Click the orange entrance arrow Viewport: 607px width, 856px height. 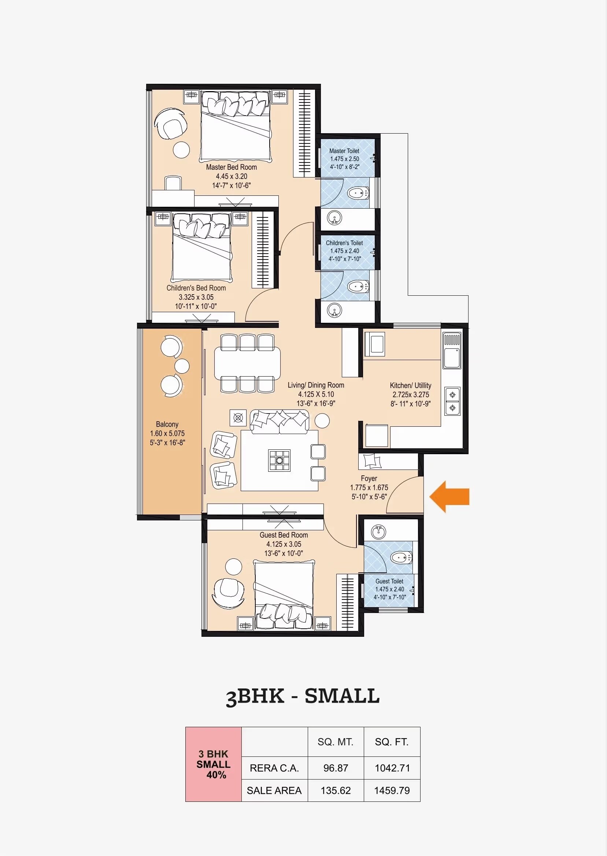click(449, 497)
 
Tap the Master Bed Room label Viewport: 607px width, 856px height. click(232, 167)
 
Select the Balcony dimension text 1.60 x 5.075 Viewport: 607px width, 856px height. click(167, 433)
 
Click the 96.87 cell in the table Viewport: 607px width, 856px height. click(335, 768)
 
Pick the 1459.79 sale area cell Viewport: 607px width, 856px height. click(392, 790)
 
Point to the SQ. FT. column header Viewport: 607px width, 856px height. click(391, 742)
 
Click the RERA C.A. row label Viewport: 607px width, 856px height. click(274, 768)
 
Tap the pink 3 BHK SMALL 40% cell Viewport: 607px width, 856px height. click(214, 764)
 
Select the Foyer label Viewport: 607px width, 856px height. click(369, 478)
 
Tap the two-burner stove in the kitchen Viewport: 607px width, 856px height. click(452, 401)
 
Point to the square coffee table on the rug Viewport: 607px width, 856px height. click(280, 460)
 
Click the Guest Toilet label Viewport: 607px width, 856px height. click(389, 581)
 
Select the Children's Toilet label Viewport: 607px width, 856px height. click(344, 243)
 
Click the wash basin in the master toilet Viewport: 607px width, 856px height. click(334, 218)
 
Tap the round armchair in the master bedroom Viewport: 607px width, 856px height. click(170, 124)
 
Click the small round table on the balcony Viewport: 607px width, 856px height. click(182, 366)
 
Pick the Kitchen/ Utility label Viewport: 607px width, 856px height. click(410, 385)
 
